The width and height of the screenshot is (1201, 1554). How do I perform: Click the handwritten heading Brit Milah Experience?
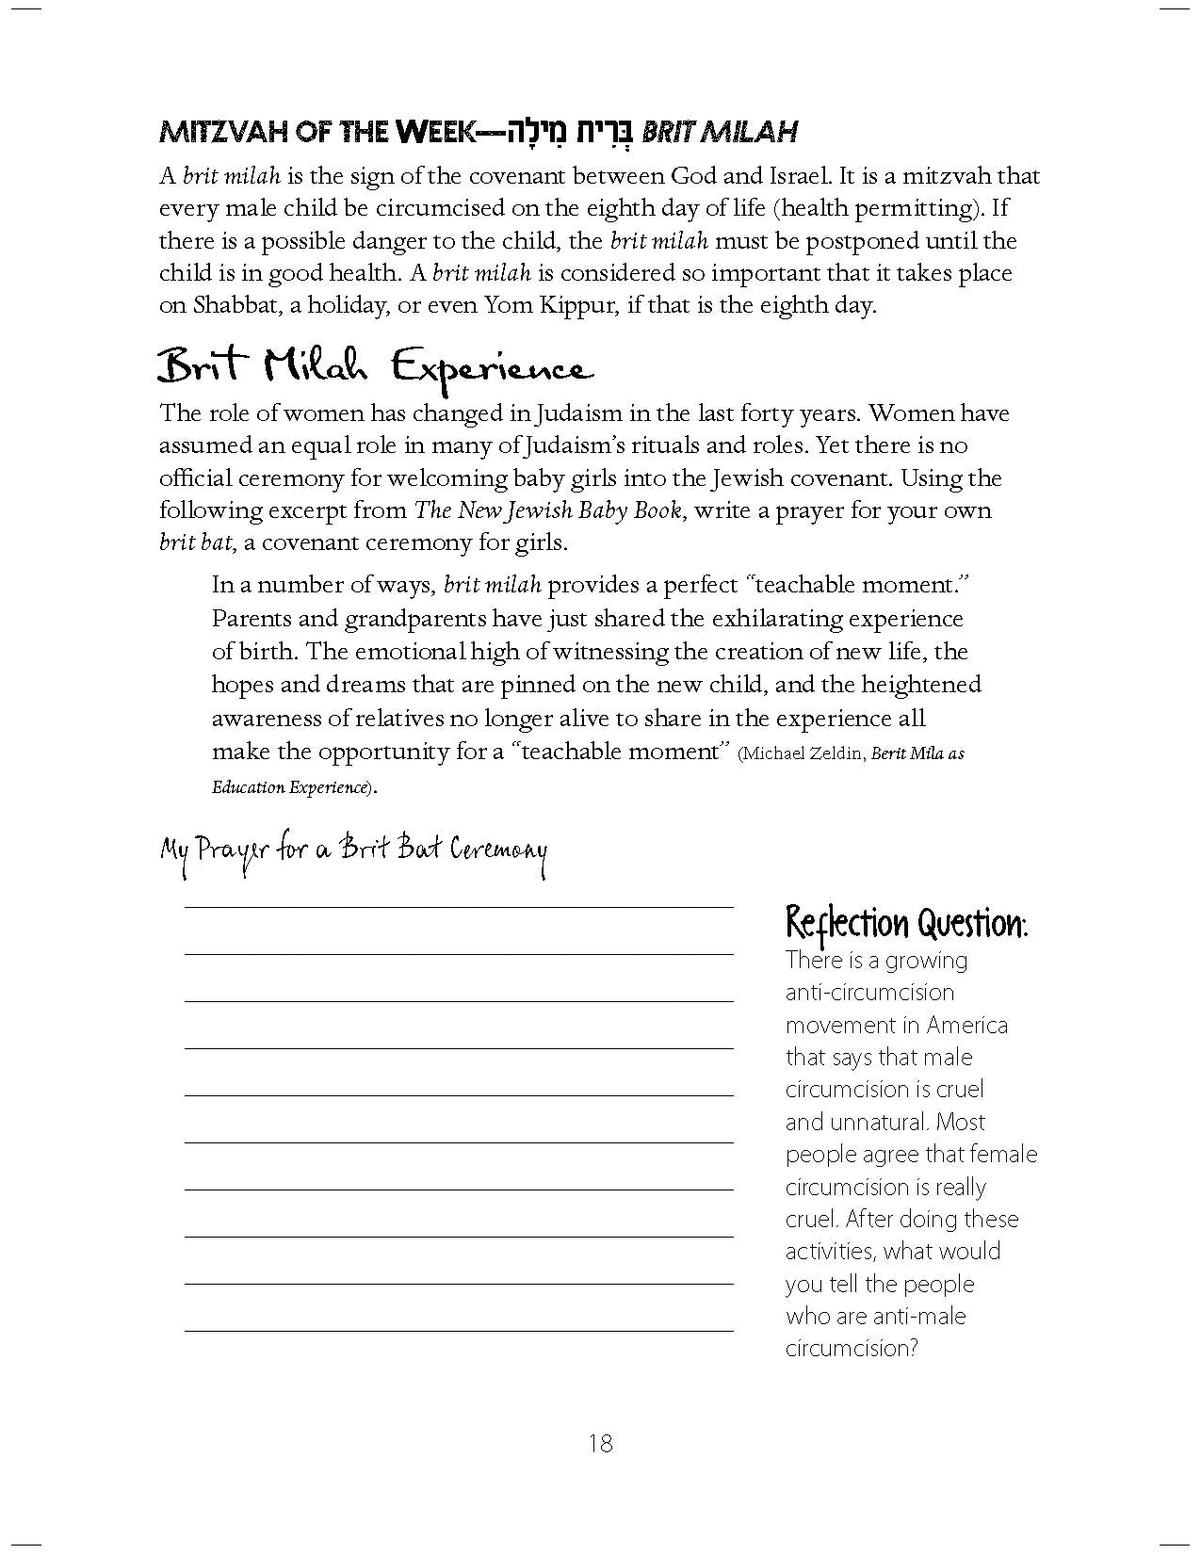pos(376,366)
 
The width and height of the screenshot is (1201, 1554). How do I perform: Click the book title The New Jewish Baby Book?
pos(547,510)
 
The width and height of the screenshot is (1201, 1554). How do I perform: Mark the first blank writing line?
pos(459,906)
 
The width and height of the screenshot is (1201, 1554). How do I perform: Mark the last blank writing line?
pos(459,1330)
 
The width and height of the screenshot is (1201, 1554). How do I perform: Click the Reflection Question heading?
pos(906,923)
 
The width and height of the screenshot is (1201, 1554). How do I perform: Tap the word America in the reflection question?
pos(966,1025)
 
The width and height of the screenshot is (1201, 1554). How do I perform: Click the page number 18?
pos(600,1442)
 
